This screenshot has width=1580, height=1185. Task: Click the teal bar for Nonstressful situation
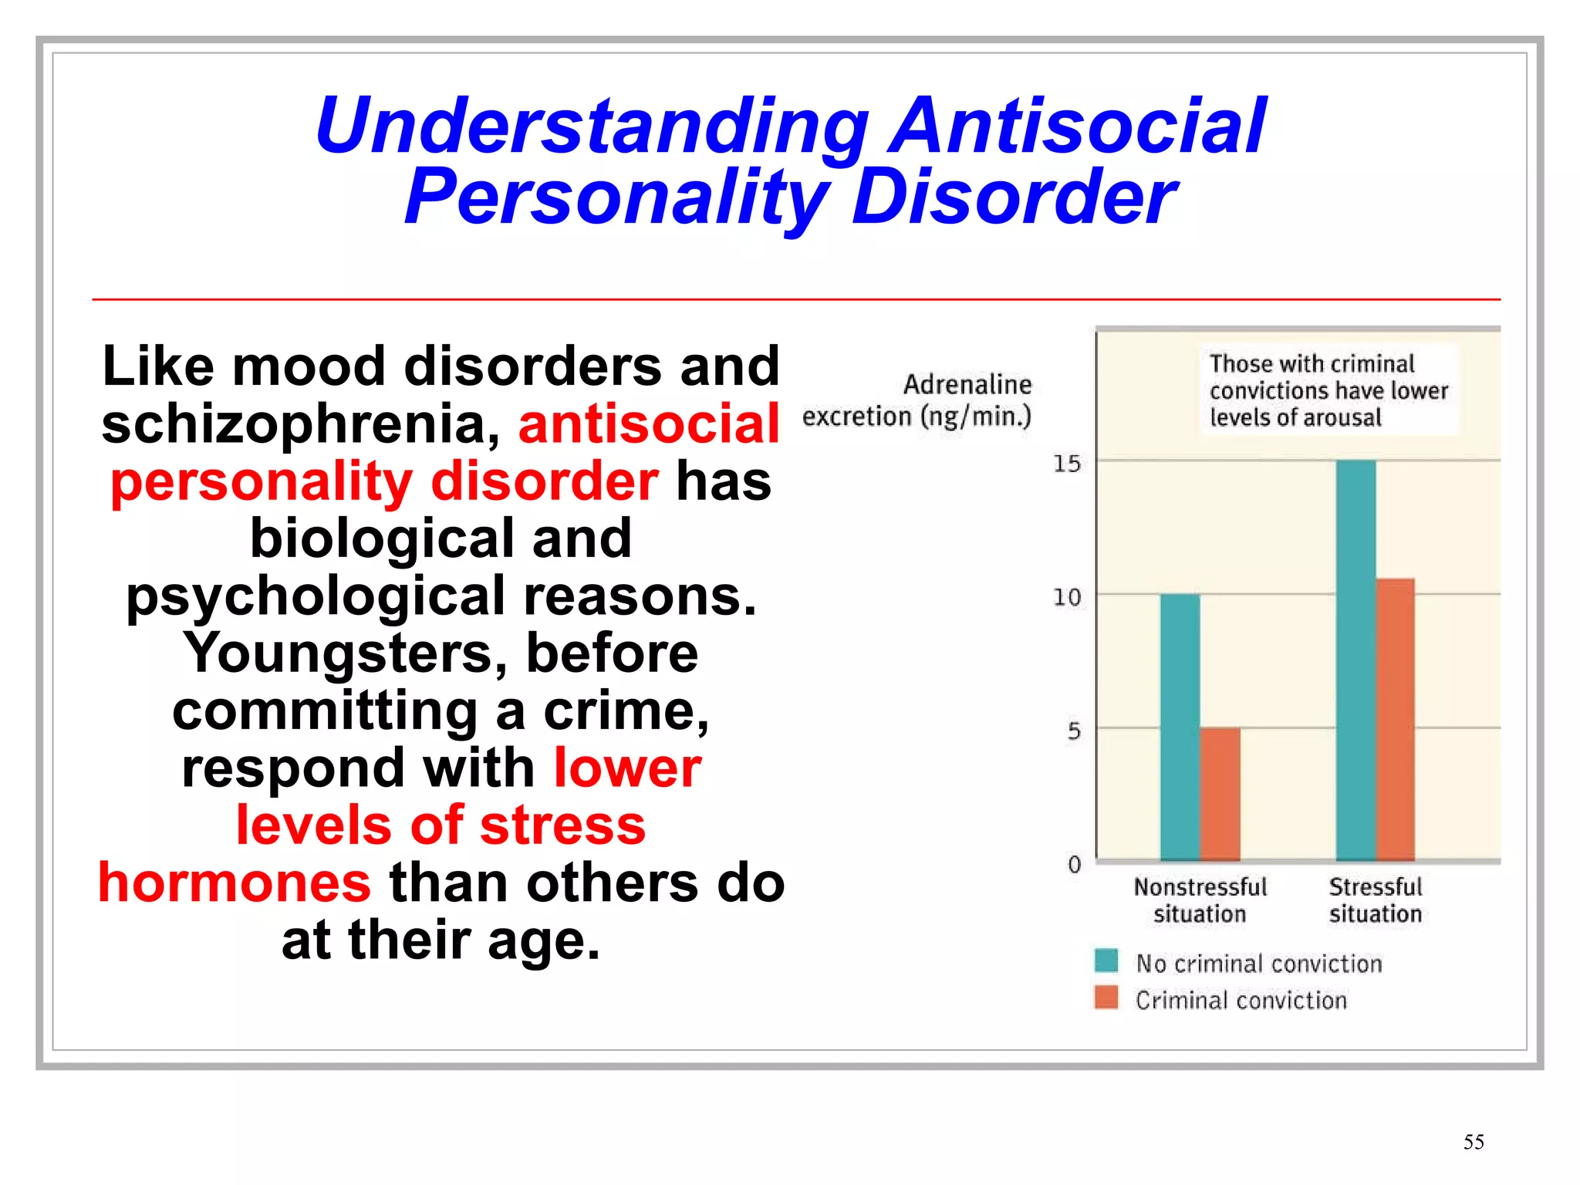[x=1180, y=727]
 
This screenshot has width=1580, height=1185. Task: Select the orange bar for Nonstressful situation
[x=1220, y=794]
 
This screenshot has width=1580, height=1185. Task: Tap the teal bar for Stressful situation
[x=1355, y=660]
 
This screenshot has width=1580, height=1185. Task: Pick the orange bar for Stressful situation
[x=1395, y=719]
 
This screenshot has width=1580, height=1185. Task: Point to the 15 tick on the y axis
[x=1067, y=464]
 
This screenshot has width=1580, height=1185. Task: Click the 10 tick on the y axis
[x=1067, y=597]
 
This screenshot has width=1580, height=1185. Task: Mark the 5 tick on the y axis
[x=1073, y=731]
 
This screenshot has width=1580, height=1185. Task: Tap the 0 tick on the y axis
[x=1074, y=864]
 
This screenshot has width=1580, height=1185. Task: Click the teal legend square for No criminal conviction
[x=1106, y=960]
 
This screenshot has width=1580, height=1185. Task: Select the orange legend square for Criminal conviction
[x=1106, y=998]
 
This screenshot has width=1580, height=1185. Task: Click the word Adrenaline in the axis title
[x=967, y=384]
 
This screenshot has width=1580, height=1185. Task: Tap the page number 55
[x=1473, y=1142]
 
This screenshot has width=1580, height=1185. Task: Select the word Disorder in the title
[x=1014, y=197]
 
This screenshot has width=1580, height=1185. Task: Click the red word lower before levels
[x=627, y=768]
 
